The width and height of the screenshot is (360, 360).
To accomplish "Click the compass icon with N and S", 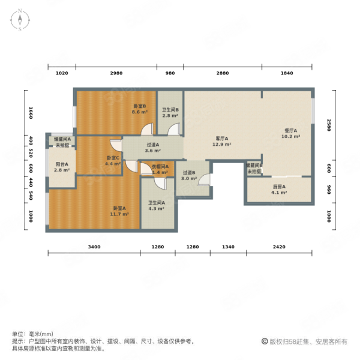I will pyautogui.click(x=19, y=20).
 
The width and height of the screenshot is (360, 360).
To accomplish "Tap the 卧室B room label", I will pyautogui.click(x=140, y=106).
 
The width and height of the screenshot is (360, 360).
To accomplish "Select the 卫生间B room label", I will pyautogui.click(x=170, y=110).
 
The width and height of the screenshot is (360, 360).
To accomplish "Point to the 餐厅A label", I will pyautogui.click(x=291, y=130).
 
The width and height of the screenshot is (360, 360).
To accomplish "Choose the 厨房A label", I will pyautogui.click(x=280, y=187).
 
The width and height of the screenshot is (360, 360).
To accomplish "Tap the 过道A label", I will pyautogui.click(x=152, y=145).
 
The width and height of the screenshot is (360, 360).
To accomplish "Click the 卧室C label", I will pyautogui.click(x=113, y=158).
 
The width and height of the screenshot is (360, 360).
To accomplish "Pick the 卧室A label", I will pyautogui.click(x=120, y=208).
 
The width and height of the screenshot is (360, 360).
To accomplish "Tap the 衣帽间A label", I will pyautogui.click(x=158, y=167).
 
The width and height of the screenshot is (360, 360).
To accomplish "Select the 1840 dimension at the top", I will pyautogui.click(x=287, y=73).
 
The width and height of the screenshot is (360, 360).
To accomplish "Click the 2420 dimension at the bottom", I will pyautogui.click(x=280, y=247).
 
